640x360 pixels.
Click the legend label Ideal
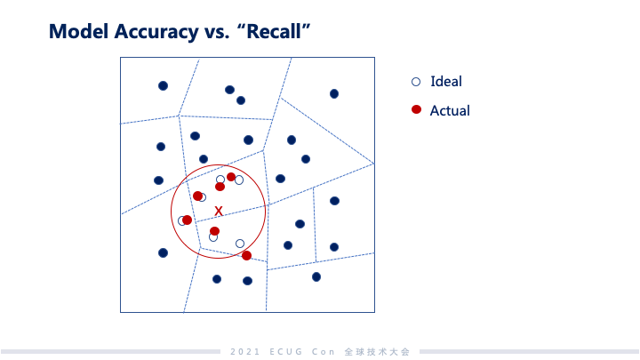click(445, 82)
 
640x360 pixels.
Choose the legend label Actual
click(449, 111)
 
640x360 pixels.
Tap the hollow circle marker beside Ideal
click(415, 82)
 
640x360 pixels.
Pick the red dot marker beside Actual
click(415, 110)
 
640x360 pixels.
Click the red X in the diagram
click(219, 210)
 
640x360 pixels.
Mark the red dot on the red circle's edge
click(246, 256)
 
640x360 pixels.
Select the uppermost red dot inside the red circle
click(231, 177)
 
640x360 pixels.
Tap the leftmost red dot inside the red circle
click(187, 220)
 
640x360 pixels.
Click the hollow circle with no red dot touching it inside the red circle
click(240, 244)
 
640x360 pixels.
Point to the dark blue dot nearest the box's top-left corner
click(163, 85)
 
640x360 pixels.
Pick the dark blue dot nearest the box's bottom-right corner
click(316, 276)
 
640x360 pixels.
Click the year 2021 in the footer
click(244, 352)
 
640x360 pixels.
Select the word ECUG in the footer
click(284, 352)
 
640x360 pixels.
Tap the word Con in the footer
click(322, 352)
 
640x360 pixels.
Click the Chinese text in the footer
click(377, 352)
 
